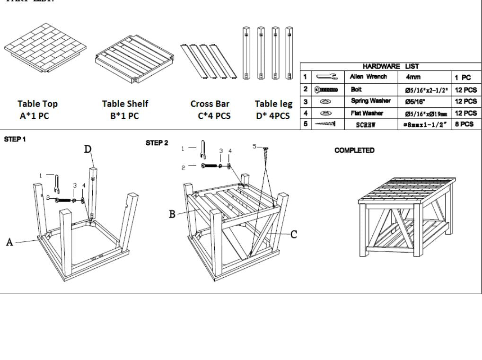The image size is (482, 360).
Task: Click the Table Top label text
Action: pyautogui.click(x=37, y=104)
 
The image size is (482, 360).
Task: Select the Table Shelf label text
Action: pyautogui.click(x=125, y=104)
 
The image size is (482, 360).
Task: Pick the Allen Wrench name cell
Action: pyautogui.click(x=368, y=77)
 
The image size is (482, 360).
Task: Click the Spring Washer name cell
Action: pyautogui.click(x=370, y=101)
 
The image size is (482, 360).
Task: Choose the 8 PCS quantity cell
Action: pyautogui.click(x=464, y=124)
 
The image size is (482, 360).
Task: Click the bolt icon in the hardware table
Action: pyautogui.click(x=326, y=89)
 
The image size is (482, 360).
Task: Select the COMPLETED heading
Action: pyautogui.click(x=354, y=150)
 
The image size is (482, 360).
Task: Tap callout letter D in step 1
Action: pyautogui.click(x=88, y=149)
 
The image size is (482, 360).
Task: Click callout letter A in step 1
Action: pyautogui.click(x=9, y=242)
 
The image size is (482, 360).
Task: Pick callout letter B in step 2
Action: pyautogui.click(x=173, y=214)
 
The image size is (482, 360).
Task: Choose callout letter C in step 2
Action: pyautogui.click(x=294, y=234)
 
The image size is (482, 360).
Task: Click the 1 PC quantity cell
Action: pyautogui.click(x=464, y=77)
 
